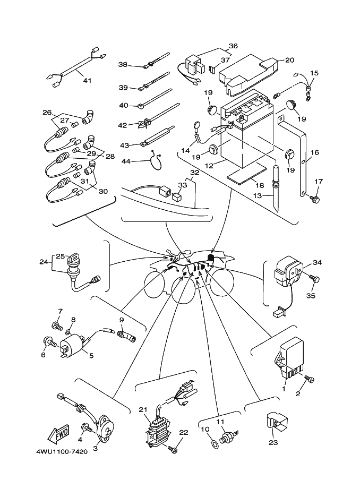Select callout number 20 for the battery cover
pos(289,60)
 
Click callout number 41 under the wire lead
pos(87,80)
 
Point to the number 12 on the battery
pos(209,166)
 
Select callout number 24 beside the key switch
pos(44,261)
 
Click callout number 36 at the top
pos(233,46)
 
